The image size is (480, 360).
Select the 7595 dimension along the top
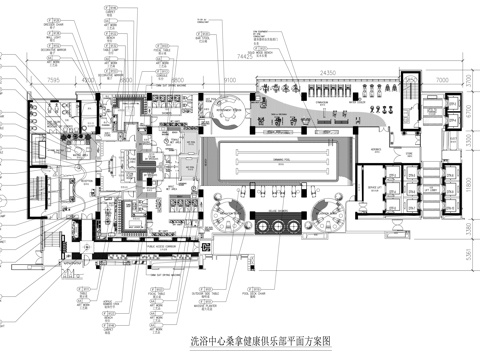click(54, 75)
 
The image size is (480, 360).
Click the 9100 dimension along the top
click(228, 75)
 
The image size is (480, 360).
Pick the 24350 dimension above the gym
click(327, 75)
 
